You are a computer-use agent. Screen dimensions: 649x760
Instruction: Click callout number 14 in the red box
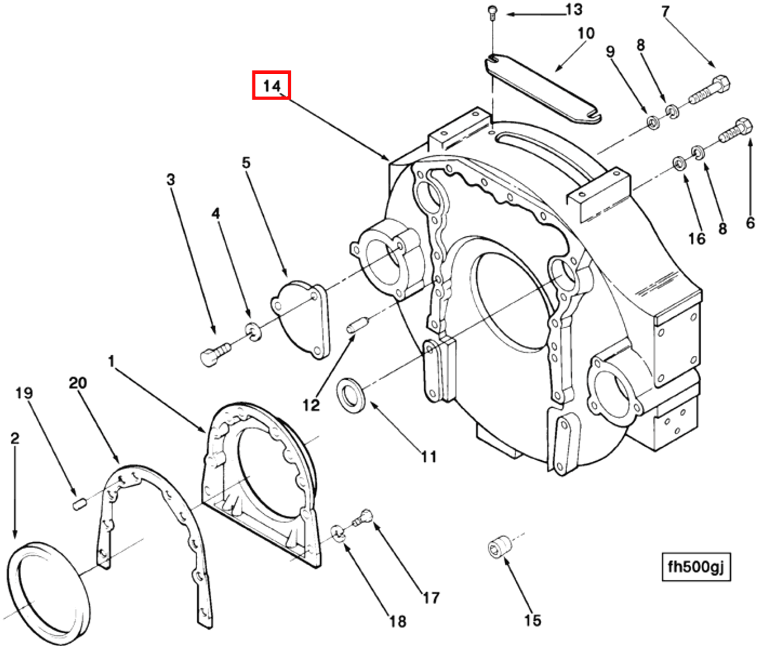click(271, 85)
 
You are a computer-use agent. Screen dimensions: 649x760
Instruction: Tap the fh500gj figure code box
click(696, 567)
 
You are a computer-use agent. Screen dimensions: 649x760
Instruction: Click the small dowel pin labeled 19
click(80, 503)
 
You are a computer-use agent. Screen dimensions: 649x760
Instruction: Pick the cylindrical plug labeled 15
click(499, 546)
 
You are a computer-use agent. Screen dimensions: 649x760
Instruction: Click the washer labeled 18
click(338, 533)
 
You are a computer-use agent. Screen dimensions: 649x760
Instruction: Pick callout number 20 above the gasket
click(78, 383)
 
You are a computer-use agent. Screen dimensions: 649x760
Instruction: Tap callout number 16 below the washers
click(697, 238)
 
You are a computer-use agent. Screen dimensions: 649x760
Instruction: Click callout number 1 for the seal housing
click(111, 361)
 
